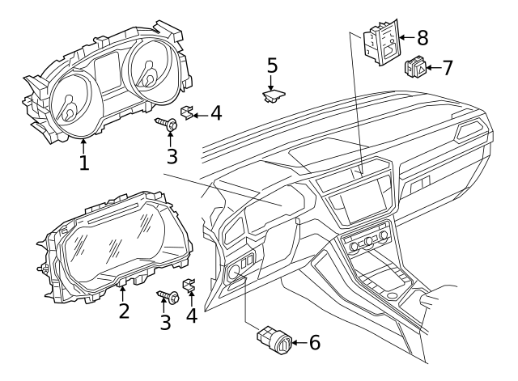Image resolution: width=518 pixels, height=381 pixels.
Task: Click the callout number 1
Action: [x=84, y=162]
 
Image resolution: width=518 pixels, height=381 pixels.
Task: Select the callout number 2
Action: [x=123, y=310]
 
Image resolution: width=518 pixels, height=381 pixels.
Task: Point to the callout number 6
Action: [x=313, y=342]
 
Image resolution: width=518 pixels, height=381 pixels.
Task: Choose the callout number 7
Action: [x=447, y=67]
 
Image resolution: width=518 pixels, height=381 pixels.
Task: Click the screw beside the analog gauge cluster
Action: [x=169, y=125]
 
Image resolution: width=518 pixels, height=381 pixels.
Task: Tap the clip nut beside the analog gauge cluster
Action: [x=187, y=113]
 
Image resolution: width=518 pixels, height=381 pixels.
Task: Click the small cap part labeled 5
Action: [x=273, y=96]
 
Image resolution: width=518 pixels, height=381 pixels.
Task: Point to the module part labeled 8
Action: [x=382, y=43]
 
